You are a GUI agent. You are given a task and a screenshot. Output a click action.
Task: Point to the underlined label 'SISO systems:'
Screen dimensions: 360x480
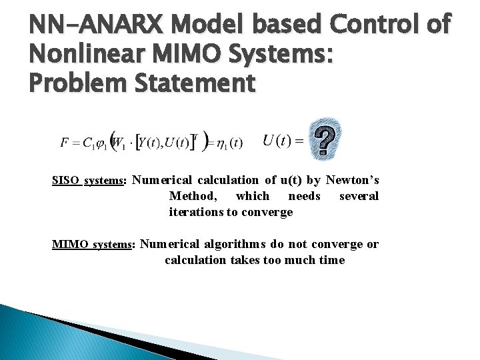pos(89,181)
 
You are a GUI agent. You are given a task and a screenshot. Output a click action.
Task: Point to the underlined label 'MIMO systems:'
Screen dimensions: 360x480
pos(93,245)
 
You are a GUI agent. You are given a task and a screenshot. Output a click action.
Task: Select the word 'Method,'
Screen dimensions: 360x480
pos(193,196)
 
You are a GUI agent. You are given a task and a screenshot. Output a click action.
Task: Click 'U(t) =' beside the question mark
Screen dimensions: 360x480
pos(283,141)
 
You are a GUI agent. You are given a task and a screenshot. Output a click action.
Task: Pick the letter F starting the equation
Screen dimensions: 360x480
pos(64,142)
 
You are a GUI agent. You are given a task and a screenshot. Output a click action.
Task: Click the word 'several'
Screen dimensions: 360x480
pos(359,196)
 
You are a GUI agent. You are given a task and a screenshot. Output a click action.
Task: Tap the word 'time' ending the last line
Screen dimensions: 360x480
pos(331,260)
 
